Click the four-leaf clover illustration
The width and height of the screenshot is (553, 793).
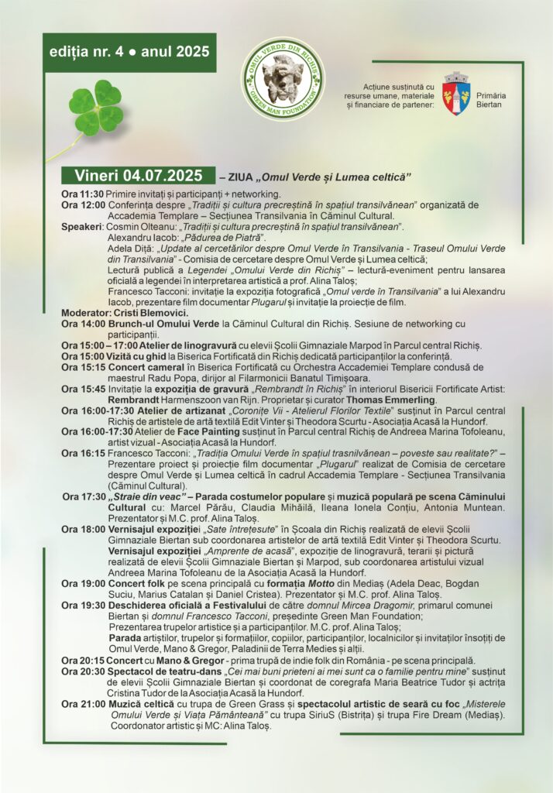[x=96, y=110]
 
